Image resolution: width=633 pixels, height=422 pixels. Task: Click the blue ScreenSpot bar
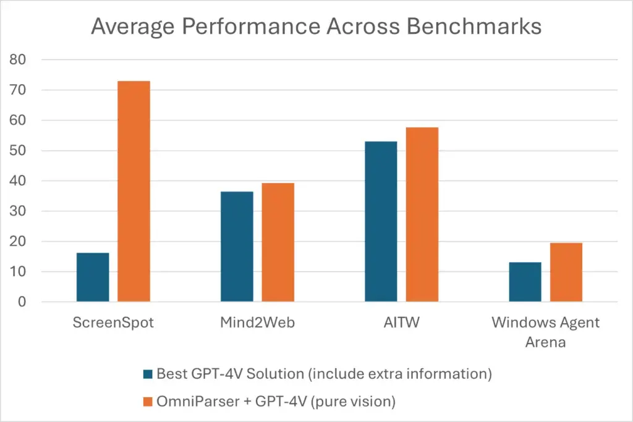[93, 277]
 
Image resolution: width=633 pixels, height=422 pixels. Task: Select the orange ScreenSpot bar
[134, 192]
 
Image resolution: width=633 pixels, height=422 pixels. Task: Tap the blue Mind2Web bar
[237, 247]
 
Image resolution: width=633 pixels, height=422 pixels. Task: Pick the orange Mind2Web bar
[278, 242]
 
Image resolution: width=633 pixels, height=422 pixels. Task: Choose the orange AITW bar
[422, 214]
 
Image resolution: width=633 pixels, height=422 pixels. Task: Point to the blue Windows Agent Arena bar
[525, 282]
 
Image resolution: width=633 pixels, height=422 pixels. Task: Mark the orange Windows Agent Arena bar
[566, 272]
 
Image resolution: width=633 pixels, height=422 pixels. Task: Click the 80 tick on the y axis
[22, 60]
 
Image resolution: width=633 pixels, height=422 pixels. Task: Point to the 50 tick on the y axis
[22, 151]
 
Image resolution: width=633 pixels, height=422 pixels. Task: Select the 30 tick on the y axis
[22, 211]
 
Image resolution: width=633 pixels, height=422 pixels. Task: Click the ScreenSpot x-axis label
[113, 323]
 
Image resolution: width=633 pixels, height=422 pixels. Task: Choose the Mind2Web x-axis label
[257, 323]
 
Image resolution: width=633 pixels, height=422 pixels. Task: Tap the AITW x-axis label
[401, 323]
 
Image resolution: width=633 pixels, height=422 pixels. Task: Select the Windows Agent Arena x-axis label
[545, 332]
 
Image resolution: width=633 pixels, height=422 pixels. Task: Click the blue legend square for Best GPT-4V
[147, 374]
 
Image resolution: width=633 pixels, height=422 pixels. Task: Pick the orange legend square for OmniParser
[147, 402]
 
